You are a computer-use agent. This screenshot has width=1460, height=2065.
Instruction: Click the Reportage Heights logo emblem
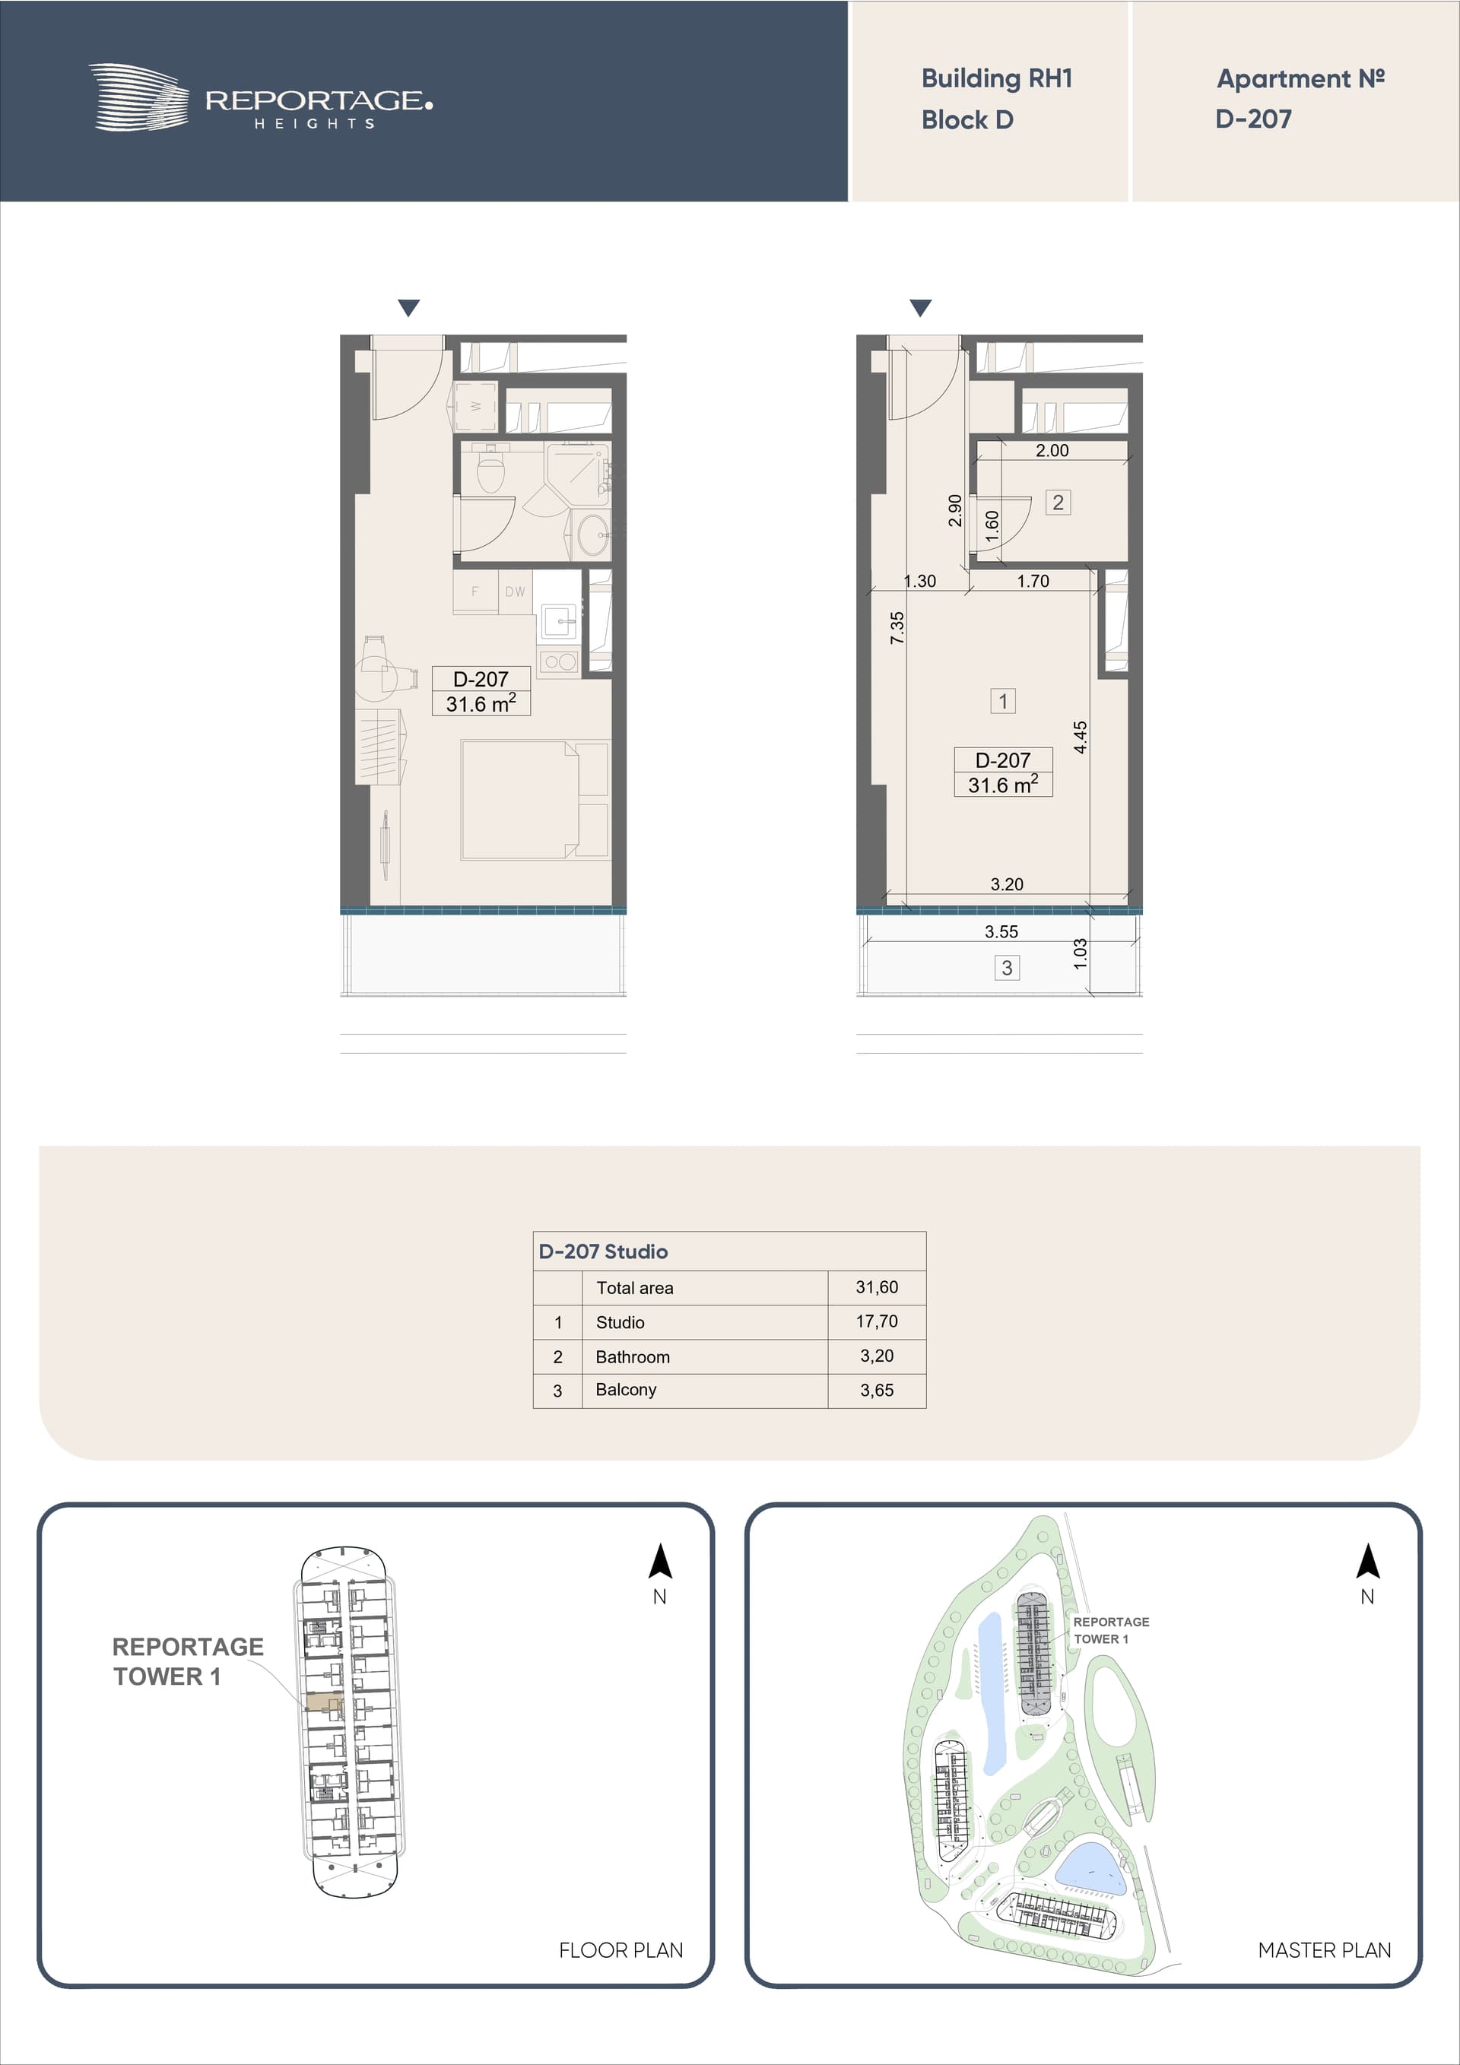point(138,97)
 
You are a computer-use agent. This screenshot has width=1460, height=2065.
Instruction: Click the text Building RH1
point(997,79)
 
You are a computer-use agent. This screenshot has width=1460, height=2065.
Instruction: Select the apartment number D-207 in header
point(1253,119)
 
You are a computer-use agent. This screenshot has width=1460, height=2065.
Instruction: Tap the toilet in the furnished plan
point(490,468)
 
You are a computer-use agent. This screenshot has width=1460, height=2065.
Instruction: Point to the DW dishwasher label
point(515,592)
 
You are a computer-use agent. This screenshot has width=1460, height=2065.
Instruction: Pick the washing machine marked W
point(475,407)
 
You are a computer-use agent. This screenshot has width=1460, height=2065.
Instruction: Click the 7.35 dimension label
point(897,628)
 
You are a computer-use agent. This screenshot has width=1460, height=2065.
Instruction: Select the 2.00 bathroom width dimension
point(1052,451)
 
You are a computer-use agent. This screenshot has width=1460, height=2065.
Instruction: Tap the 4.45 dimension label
point(1081,737)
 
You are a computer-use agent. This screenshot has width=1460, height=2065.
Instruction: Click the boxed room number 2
point(1058,503)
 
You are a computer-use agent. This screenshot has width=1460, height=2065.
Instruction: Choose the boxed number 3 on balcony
point(1007,968)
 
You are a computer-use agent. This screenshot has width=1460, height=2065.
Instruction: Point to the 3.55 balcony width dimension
point(1001,932)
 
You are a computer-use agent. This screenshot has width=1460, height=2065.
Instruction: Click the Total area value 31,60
point(876,1287)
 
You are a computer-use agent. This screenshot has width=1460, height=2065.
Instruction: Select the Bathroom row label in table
point(633,1356)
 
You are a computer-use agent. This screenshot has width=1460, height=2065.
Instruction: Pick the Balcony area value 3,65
point(876,1390)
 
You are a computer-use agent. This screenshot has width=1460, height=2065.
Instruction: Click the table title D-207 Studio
point(603,1251)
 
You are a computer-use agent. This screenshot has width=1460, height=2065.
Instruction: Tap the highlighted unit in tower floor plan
point(324,1702)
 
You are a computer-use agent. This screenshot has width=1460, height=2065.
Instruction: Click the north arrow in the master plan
point(1367,1562)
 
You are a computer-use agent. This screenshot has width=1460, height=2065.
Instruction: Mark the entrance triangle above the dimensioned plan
point(920,308)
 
